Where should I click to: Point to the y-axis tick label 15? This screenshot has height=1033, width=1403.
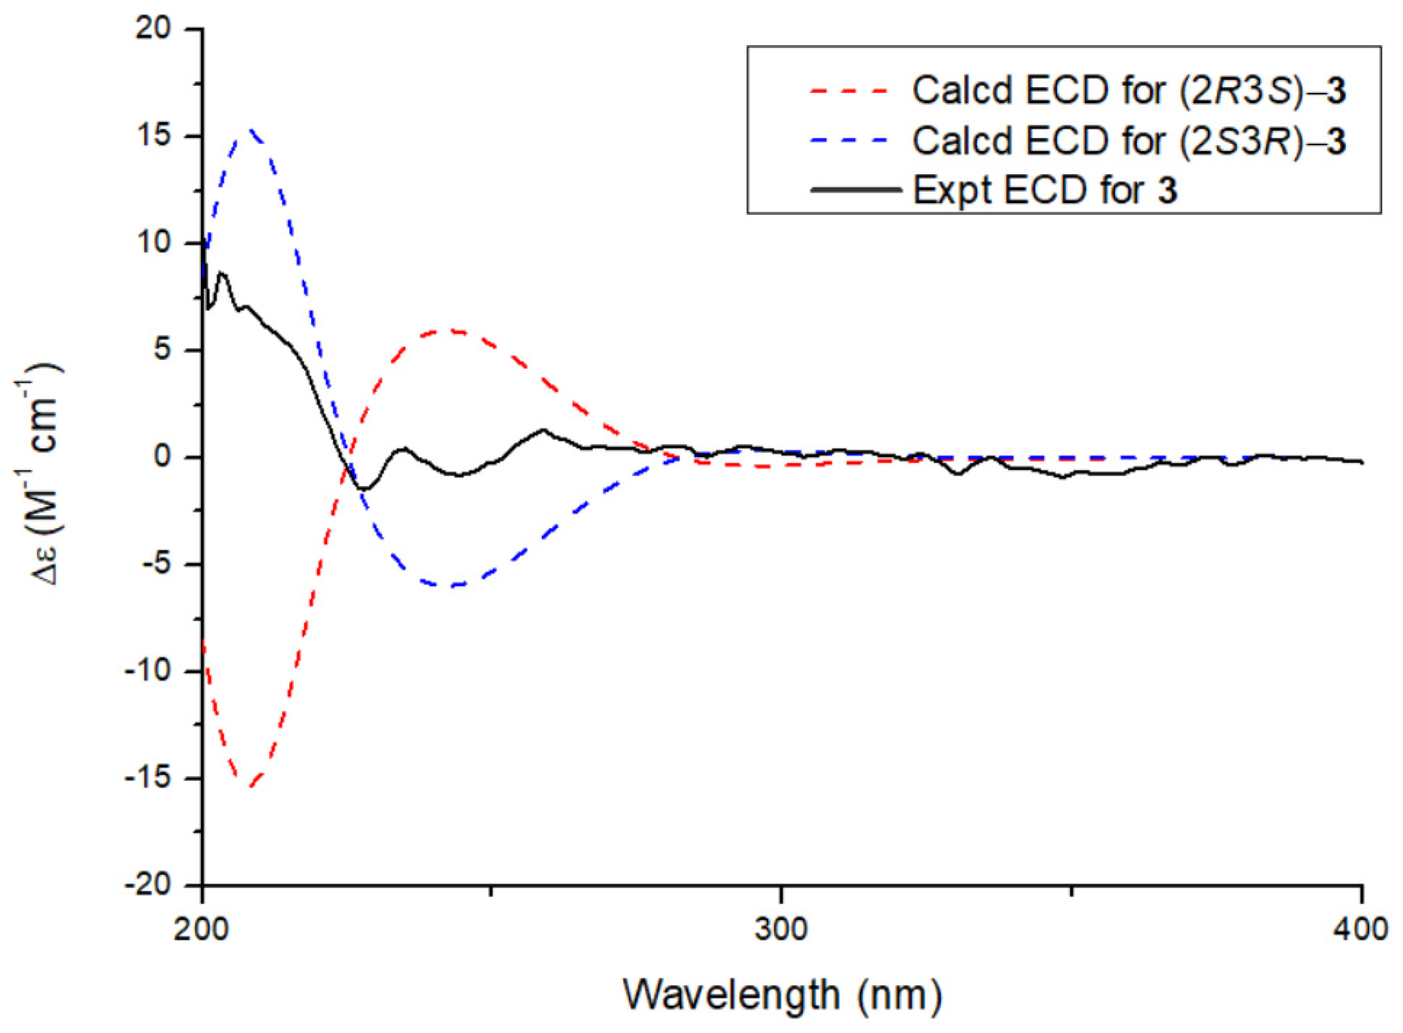(154, 136)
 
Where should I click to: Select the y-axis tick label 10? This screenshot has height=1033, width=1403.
(154, 243)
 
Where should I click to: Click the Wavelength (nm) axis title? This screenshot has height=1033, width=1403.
(782, 994)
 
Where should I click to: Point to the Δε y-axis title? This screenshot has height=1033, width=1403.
(47, 475)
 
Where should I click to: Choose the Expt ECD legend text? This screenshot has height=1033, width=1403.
(1045, 190)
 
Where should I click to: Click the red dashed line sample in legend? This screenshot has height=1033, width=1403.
(849, 91)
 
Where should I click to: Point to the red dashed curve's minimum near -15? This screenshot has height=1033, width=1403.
(250, 786)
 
